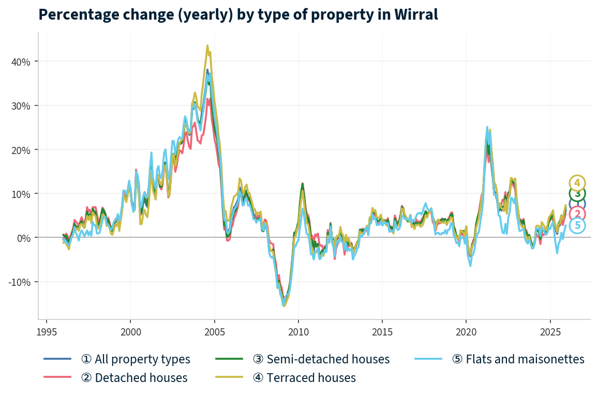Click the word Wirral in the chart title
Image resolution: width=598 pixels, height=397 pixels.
point(415,14)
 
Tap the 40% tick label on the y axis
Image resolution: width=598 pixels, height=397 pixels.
point(21,62)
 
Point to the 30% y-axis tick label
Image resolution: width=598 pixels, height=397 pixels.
point(21,105)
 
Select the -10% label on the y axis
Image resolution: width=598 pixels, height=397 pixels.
point(20,282)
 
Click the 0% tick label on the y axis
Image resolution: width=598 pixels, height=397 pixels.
point(23,238)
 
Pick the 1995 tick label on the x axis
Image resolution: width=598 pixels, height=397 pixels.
point(47,331)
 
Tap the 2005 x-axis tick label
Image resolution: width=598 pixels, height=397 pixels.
point(214,331)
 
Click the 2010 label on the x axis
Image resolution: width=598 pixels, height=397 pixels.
point(298,331)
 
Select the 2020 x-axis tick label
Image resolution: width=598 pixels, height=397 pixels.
point(466,331)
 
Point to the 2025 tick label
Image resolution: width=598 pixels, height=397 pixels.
point(549,331)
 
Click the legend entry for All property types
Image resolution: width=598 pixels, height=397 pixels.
point(136,359)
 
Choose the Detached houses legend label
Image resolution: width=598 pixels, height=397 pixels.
point(134,378)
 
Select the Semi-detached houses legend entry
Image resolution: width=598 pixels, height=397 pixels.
point(321,359)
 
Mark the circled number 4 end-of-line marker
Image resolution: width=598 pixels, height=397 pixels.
point(577,183)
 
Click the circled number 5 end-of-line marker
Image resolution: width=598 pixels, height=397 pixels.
point(578,225)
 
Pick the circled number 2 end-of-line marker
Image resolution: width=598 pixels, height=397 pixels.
point(577,214)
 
